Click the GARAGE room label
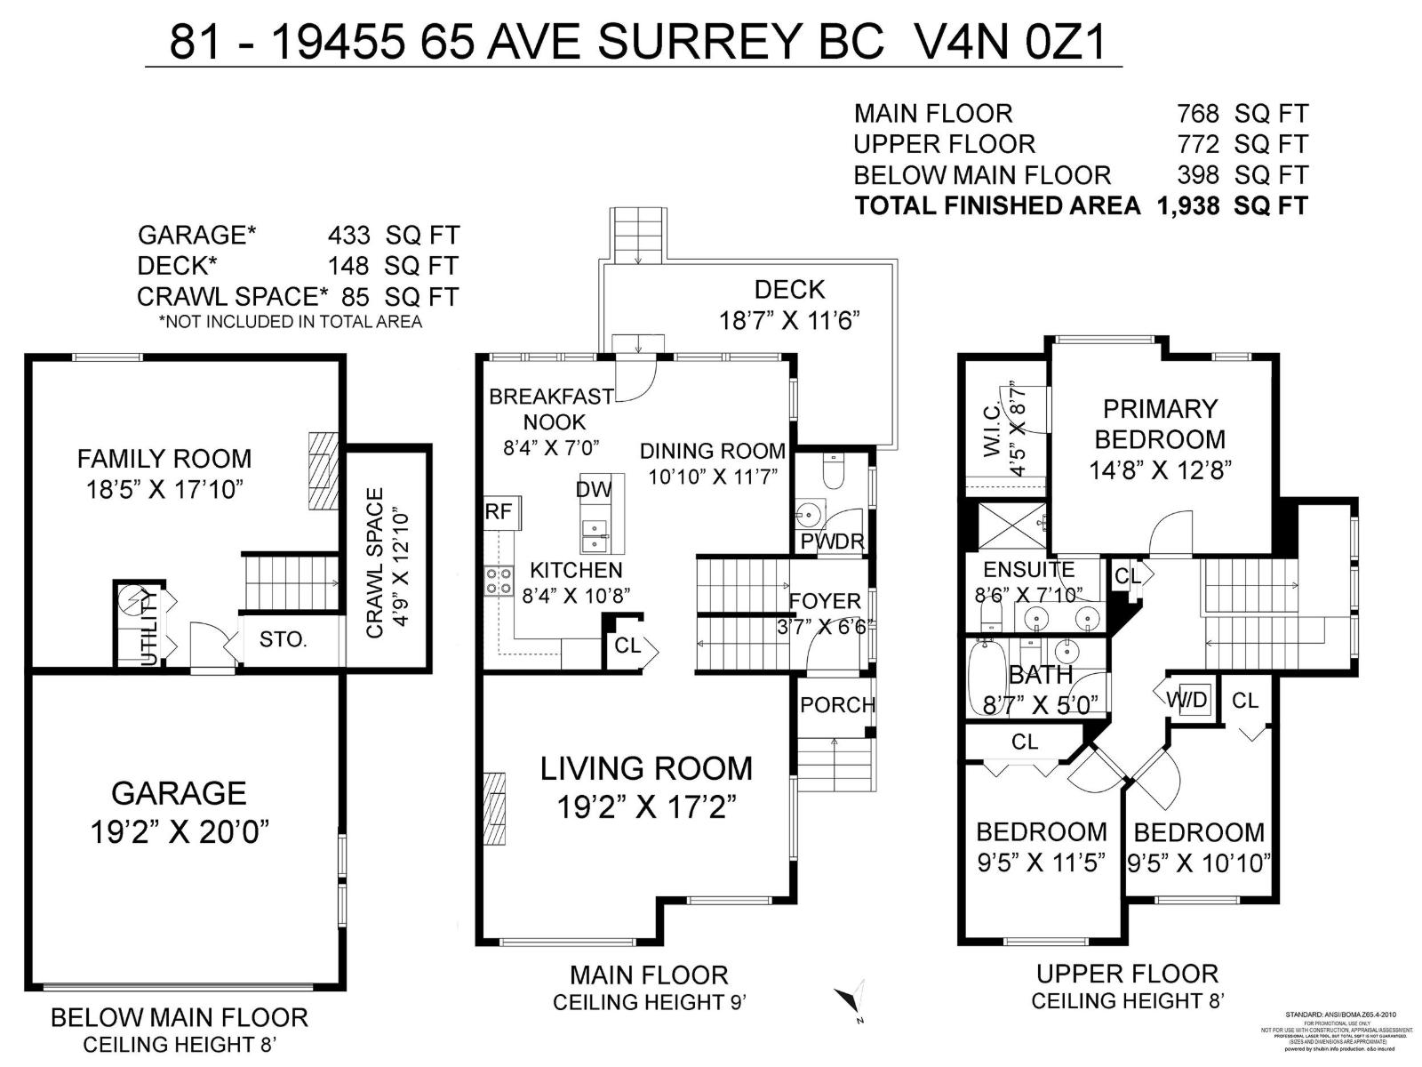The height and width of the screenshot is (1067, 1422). point(179,792)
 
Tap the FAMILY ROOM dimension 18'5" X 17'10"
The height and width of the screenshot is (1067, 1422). point(165,490)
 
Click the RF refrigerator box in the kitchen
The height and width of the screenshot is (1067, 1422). point(499,513)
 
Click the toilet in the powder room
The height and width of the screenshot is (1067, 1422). point(833,472)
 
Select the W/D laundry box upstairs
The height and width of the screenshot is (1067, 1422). point(1187,700)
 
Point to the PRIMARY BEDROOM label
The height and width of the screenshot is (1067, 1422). point(1159,424)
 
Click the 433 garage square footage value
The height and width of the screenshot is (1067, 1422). point(348,236)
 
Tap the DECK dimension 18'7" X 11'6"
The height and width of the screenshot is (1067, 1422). point(789,320)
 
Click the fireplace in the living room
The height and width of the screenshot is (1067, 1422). point(496,807)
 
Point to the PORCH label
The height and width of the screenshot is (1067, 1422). point(836,705)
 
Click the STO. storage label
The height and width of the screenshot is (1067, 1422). point(283,639)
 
